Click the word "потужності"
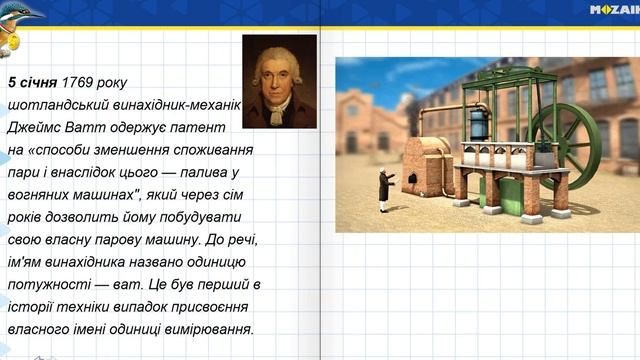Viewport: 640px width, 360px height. coord(44,285)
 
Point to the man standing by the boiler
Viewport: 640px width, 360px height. coord(382,190)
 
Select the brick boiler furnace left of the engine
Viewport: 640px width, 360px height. coord(425,165)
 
